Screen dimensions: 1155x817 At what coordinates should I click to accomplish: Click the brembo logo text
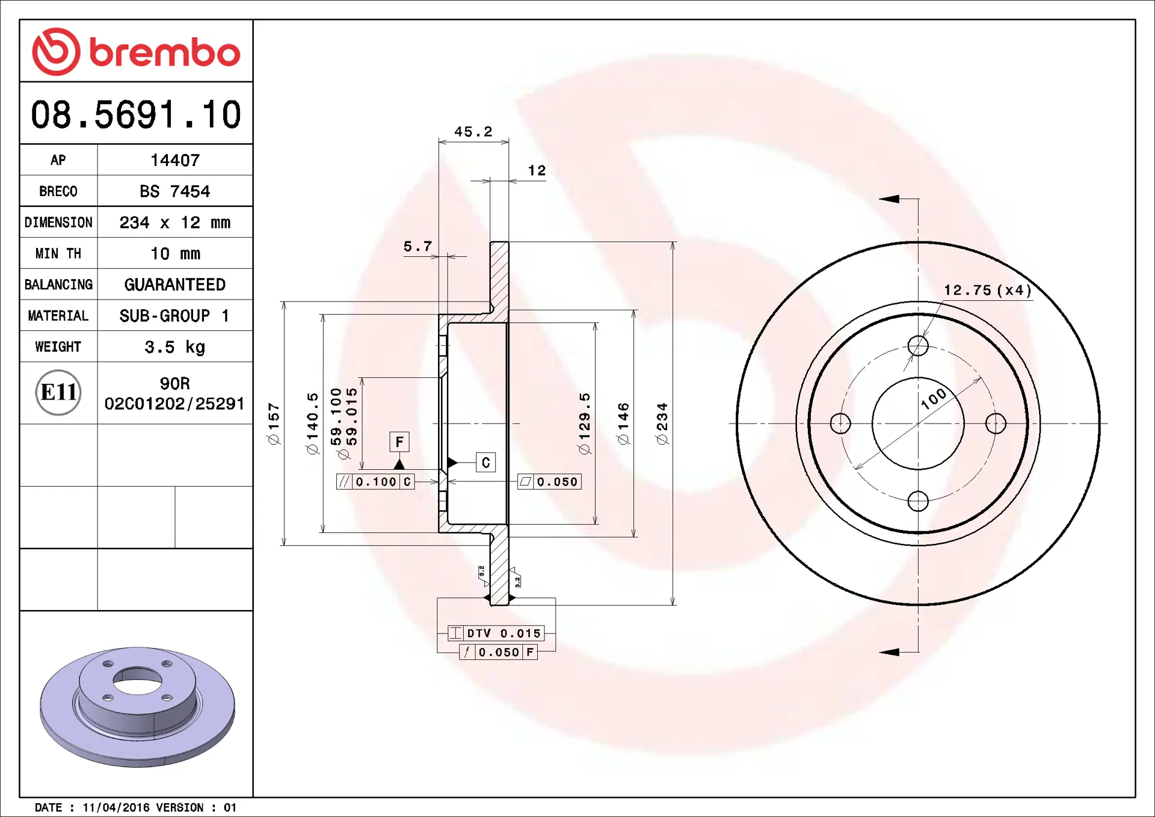click(x=165, y=52)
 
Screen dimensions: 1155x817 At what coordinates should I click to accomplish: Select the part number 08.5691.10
click(x=136, y=114)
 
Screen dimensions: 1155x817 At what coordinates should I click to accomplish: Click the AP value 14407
click(x=175, y=160)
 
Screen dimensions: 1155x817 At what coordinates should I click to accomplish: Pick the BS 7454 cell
click(x=175, y=191)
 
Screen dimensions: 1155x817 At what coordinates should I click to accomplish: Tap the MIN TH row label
click(x=58, y=254)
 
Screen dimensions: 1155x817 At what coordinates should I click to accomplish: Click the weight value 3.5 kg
click(x=175, y=347)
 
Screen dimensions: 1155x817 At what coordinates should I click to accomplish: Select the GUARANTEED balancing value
click(x=175, y=285)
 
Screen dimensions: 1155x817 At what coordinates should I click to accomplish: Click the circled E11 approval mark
click(x=58, y=392)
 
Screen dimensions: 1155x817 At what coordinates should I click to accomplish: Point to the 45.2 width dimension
click(x=473, y=132)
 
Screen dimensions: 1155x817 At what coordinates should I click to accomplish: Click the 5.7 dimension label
click(x=418, y=247)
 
